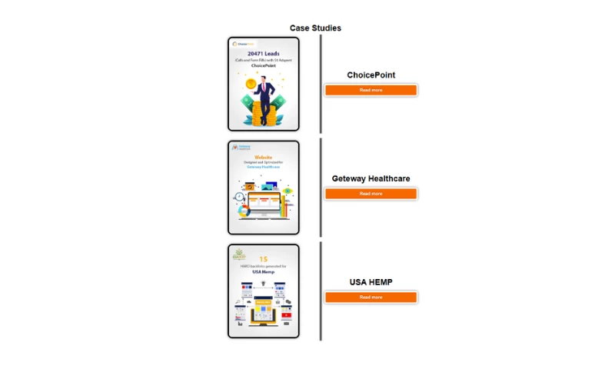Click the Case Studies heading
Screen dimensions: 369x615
point(315,28)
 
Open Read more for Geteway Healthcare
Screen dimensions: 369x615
point(371,194)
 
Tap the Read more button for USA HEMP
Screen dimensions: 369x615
point(371,297)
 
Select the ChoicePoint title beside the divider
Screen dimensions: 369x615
point(371,75)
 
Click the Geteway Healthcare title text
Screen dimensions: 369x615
point(371,179)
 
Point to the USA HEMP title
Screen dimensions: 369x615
point(371,282)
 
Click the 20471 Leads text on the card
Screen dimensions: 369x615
point(263,53)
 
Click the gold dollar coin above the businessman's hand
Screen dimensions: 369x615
point(250,83)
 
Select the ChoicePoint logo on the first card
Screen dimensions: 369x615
point(241,44)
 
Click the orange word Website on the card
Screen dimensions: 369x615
point(263,157)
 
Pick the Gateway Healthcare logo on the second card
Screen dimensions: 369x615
point(241,146)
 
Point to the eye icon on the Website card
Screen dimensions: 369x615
point(288,191)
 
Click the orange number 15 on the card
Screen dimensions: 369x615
point(263,259)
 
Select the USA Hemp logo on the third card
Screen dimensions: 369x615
point(240,253)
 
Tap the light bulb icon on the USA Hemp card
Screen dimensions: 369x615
point(263,283)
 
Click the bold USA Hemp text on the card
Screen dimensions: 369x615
point(263,272)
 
